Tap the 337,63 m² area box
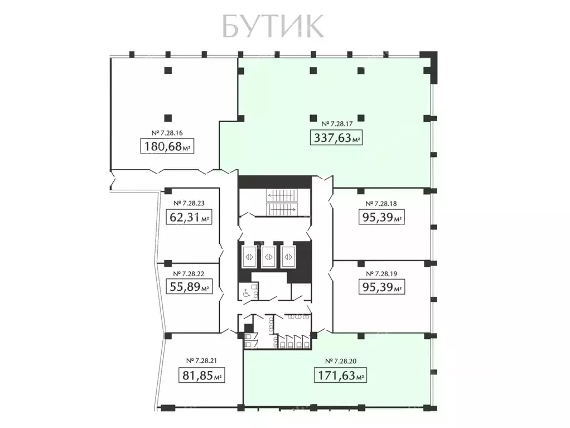point(336,137)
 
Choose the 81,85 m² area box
point(201,375)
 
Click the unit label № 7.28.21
point(201,360)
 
